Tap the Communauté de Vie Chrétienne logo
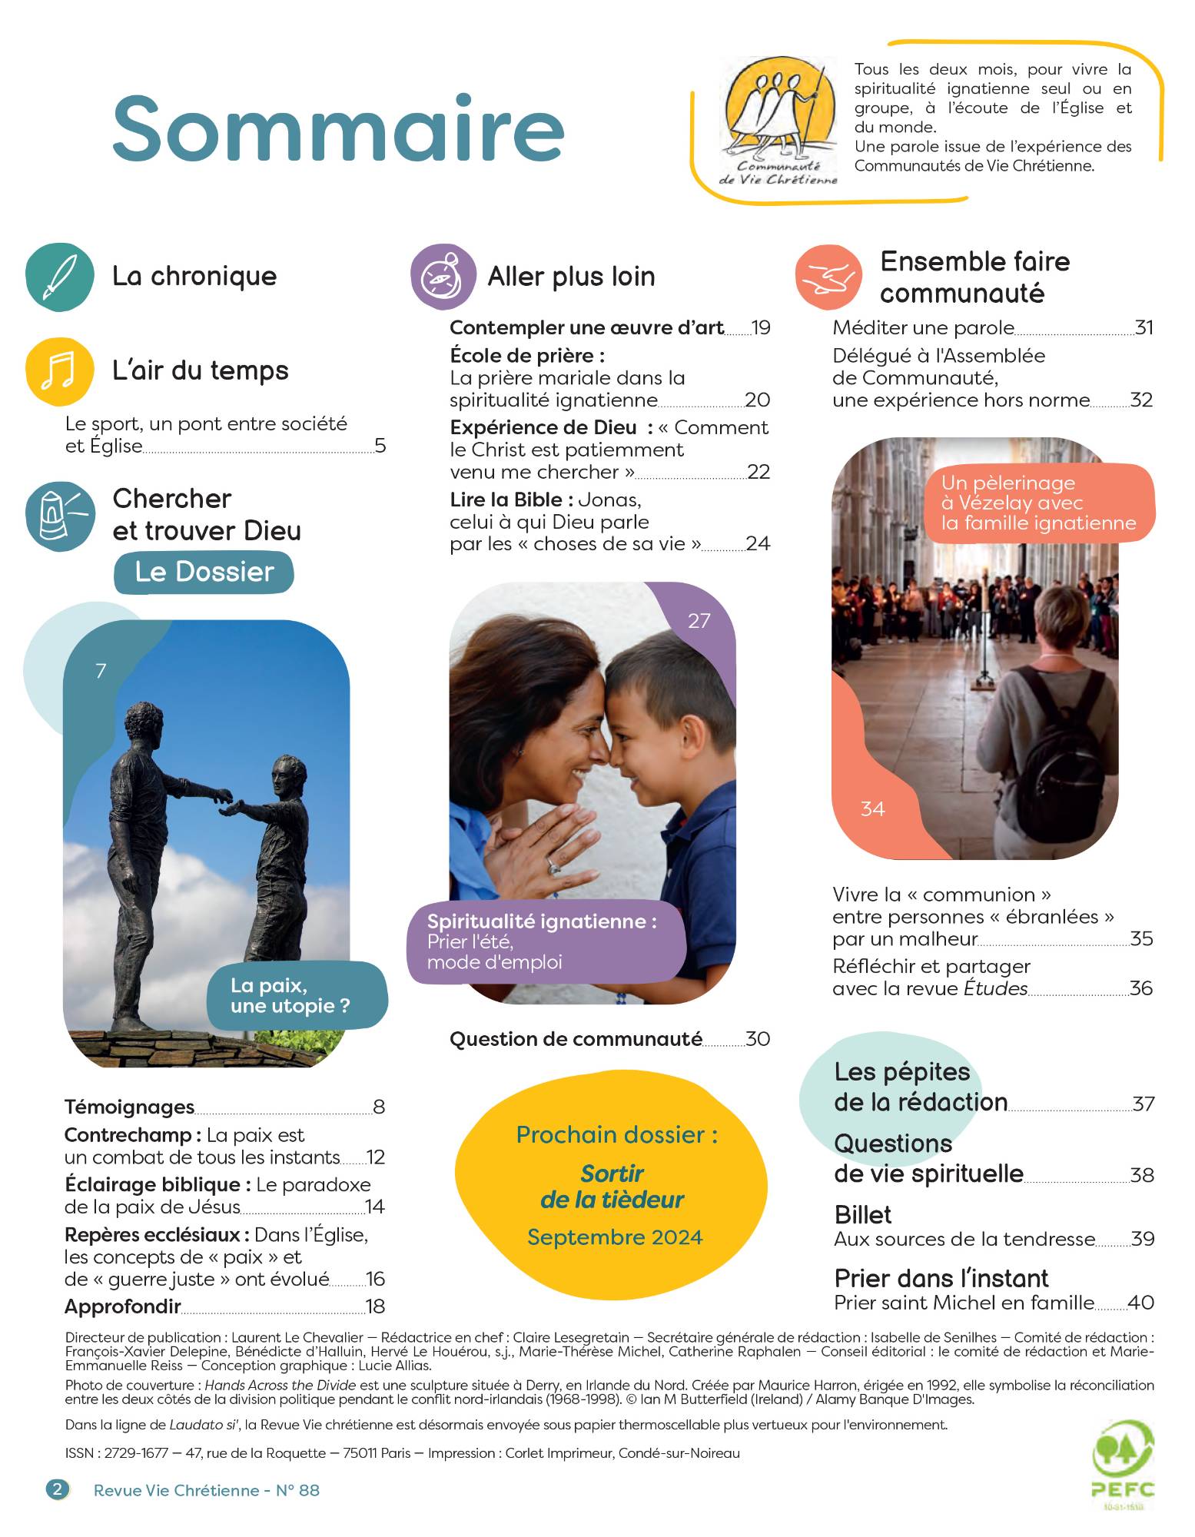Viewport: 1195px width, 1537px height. (x=778, y=119)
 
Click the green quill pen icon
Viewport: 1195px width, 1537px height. (x=60, y=277)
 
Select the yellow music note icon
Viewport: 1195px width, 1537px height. (x=60, y=371)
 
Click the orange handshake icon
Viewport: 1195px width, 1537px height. (x=828, y=277)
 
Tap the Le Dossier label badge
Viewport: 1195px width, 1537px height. (x=204, y=573)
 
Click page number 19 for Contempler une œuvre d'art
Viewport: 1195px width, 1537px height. (x=761, y=328)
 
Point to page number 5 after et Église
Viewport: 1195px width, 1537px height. (x=380, y=446)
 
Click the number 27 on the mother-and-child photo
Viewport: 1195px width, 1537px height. (x=699, y=621)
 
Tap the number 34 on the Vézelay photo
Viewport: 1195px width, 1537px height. (x=872, y=809)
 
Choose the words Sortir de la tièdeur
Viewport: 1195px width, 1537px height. (x=612, y=1187)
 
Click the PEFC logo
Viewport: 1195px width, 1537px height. (x=1123, y=1469)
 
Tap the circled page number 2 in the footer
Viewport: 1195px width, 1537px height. (x=58, y=1490)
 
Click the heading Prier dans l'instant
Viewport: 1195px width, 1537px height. (x=941, y=1278)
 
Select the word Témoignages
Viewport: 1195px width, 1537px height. (x=129, y=1107)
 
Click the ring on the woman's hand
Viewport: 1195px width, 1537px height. (x=553, y=867)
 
